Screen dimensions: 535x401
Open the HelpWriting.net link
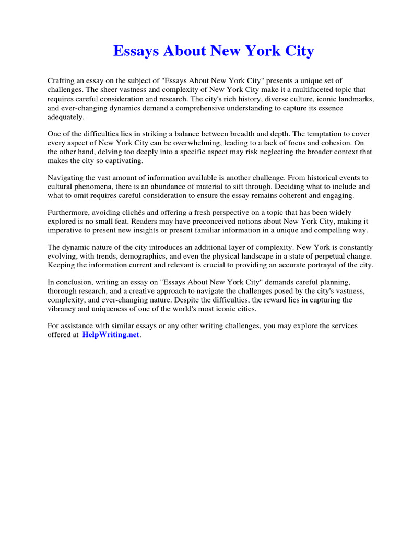111,335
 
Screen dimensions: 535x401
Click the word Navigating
66,177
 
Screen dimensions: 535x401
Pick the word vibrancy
65,309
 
